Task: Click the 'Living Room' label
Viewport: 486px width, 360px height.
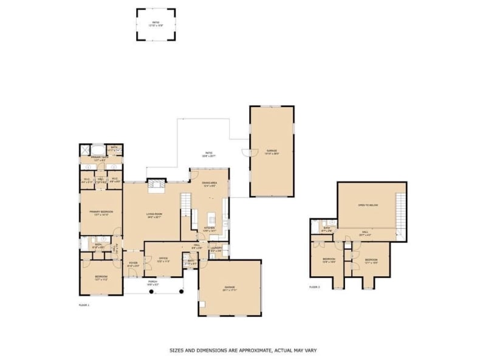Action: click(153, 214)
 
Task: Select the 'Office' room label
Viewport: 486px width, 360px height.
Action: click(163, 259)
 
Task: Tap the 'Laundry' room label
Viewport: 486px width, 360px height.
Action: click(216, 249)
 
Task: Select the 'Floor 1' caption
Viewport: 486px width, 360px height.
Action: click(84, 304)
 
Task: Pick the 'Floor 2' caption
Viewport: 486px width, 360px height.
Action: click(314, 287)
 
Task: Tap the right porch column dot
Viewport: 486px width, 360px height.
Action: click(180, 292)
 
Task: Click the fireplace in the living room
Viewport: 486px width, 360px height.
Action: click(156, 185)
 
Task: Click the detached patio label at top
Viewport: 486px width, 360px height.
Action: click(156, 24)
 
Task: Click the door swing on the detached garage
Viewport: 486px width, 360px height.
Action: click(245, 152)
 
